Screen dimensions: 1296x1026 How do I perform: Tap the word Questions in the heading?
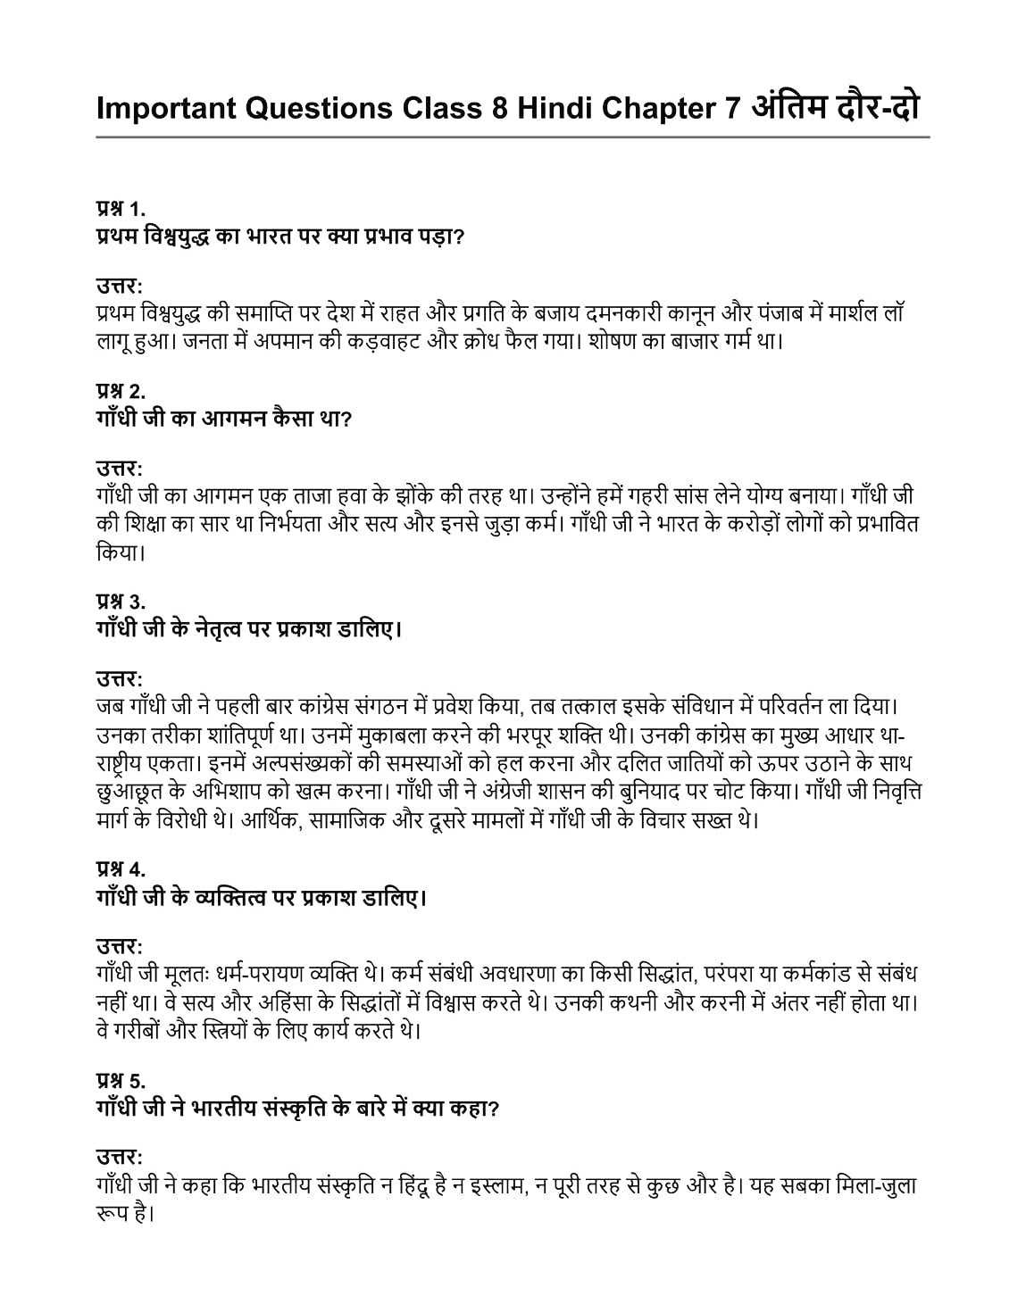coord(318,108)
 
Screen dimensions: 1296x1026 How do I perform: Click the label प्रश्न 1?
coord(121,209)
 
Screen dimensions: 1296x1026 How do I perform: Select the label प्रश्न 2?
coord(121,390)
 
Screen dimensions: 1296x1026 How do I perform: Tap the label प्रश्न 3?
coord(121,601)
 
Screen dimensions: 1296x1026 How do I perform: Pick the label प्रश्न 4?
coord(121,868)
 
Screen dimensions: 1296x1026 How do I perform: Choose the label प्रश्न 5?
coord(121,1080)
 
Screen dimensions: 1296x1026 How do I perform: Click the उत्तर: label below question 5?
coord(120,1157)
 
